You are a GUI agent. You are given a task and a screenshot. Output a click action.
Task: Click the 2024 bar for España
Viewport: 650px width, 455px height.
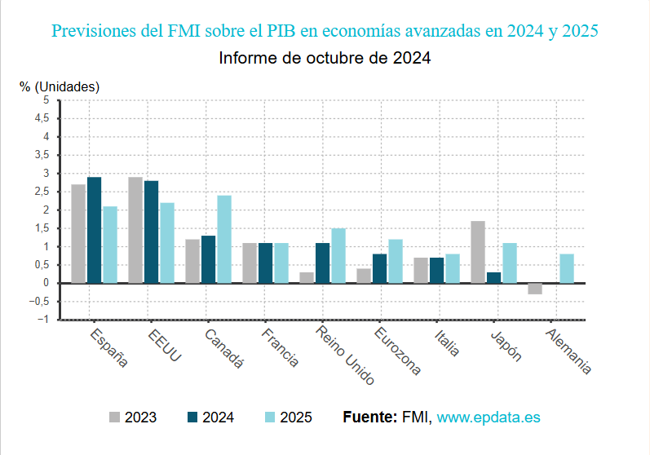point(95,230)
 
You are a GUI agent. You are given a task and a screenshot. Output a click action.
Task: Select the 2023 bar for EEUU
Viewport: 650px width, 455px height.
point(135,230)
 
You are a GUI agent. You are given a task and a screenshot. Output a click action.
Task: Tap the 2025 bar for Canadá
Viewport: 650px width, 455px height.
point(223,239)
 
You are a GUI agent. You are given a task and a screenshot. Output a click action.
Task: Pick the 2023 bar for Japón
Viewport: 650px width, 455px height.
point(478,252)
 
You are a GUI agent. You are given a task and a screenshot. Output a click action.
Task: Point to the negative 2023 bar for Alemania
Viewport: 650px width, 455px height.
point(535,289)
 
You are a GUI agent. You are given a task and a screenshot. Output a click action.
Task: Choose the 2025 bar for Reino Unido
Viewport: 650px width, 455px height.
point(338,255)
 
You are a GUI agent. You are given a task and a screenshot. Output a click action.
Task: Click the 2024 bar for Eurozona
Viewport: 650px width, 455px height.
point(379,268)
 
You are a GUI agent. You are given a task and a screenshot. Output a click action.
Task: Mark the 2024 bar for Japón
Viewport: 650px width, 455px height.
point(493,277)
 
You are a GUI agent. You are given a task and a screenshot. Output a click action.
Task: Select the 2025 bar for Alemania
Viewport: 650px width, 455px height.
point(567,268)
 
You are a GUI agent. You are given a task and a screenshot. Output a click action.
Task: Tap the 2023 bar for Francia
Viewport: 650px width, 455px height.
point(250,263)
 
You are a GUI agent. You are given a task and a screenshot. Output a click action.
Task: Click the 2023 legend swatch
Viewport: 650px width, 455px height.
point(115,417)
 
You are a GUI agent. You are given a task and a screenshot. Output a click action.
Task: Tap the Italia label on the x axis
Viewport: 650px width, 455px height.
point(447,342)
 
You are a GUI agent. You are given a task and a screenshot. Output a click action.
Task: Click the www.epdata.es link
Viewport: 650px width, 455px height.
point(489,417)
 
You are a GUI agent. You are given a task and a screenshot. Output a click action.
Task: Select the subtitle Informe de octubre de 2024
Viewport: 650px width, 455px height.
point(325,59)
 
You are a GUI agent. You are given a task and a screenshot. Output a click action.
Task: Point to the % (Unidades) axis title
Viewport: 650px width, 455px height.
point(60,86)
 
